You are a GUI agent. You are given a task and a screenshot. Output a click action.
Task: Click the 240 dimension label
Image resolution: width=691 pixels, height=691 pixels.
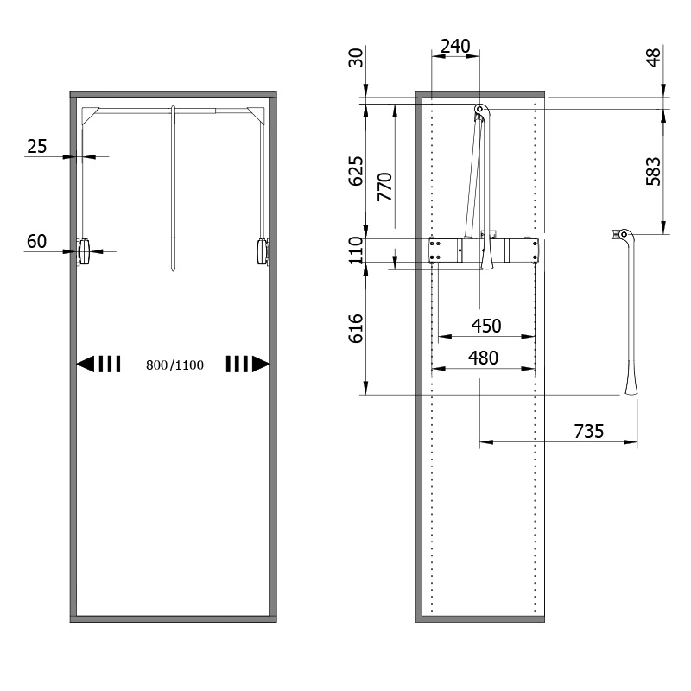[455, 47]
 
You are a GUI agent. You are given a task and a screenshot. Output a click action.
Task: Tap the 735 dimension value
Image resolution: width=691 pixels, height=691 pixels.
[589, 431]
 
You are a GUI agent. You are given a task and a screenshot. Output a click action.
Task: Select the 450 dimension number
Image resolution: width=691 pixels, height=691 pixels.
[486, 326]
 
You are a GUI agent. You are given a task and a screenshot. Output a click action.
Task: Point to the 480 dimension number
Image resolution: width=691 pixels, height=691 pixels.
[483, 358]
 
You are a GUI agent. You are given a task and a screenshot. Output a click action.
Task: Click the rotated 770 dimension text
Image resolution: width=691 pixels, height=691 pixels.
[384, 187]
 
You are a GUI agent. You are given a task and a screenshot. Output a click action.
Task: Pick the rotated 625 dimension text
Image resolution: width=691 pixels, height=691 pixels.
[356, 171]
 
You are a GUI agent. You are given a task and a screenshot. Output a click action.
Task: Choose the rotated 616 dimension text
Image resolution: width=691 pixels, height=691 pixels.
[356, 328]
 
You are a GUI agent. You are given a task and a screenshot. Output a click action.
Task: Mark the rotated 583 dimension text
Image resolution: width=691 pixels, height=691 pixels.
[654, 171]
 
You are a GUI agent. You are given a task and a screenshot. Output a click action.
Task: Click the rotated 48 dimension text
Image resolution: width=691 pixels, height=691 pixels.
[654, 57]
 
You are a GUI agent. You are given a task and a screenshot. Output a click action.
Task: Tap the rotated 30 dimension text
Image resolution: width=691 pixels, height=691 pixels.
[356, 58]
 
